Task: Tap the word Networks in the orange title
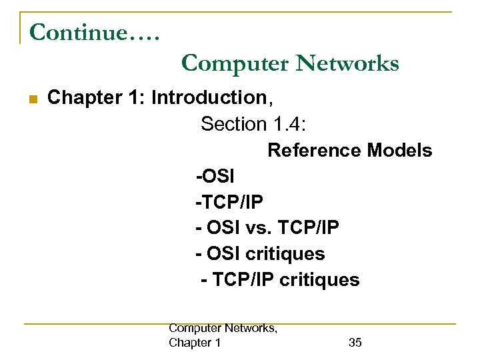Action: point(347,63)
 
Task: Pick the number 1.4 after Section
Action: point(287,124)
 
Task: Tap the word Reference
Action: point(314,151)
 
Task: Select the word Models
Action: point(399,151)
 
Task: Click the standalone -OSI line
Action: point(215,177)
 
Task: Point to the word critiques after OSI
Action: point(285,254)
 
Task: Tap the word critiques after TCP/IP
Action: point(320,280)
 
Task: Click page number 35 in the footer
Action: point(355,343)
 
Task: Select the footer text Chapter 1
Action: point(195,343)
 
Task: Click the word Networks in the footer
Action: point(251,328)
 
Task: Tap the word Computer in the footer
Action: point(196,328)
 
